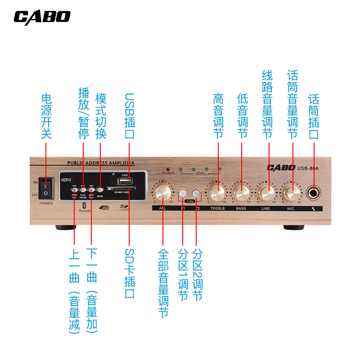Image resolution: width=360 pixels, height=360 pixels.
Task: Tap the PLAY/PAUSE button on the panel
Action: click(83, 190)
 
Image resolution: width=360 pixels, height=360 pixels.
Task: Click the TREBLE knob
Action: click(217, 193)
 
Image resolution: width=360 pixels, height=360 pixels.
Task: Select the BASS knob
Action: click(242, 193)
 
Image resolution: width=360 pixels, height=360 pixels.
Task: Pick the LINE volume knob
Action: click(267, 193)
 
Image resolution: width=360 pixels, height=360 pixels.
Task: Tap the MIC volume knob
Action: click(291, 193)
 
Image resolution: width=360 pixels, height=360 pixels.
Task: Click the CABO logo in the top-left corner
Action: click(42, 17)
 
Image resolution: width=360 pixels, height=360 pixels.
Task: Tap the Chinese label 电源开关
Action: click(46, 116)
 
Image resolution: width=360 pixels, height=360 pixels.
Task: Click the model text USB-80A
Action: click(308, 169)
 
